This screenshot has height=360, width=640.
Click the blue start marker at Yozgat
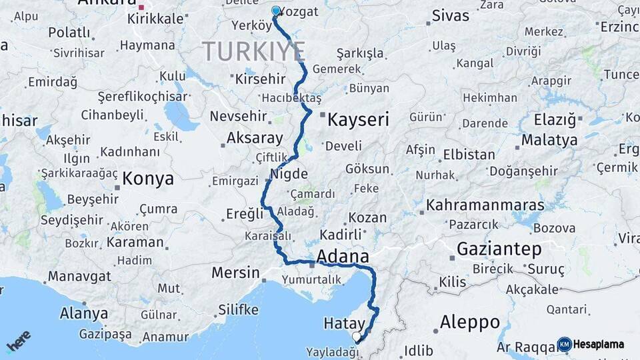[276, 11]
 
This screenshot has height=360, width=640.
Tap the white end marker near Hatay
[357, 337]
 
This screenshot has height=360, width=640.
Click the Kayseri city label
[358, 119]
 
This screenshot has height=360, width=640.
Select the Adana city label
[343, 256]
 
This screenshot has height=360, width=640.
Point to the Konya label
[148, 179]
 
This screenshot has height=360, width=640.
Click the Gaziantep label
[499, 249]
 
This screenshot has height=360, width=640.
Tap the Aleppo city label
[470, 323]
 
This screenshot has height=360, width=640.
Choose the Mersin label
[235, 273]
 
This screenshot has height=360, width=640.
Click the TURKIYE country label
[254, 51]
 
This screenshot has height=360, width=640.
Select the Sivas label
[451, 15]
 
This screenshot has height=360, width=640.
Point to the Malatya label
[549, 141]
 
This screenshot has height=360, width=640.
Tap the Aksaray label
[255, 138]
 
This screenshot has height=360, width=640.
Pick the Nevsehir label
[238, 116]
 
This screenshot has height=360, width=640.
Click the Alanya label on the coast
[84, 313]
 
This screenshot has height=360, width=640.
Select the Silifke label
[238, 310]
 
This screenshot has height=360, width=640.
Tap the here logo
[18, 342]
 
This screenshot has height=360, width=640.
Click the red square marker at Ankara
[141, 8]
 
